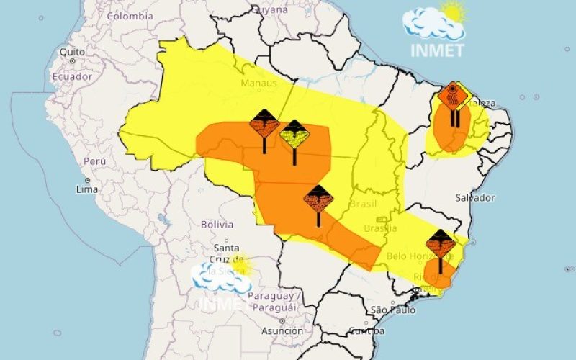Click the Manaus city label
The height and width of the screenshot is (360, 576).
click(x=259, y=83)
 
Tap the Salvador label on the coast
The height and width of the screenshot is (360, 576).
click(x=474, y=197)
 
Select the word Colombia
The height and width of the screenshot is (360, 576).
click(x=130, y=16)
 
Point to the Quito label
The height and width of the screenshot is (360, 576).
click(x=72, y=52)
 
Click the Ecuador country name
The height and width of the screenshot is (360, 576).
click(x=71, y=76)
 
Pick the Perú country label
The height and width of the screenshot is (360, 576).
click(x=95, y=161)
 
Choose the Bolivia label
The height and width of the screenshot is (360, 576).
click(x=217, y=224)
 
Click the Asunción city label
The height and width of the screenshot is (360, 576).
click(x=282, y=331)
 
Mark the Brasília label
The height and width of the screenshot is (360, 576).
click(x=380, y=228)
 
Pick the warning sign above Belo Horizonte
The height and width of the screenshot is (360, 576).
click(x=440, y=244)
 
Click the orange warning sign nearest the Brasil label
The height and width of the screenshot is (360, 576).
click(x=318, y=199)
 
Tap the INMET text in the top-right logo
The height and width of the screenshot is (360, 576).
click(x=436, y=50)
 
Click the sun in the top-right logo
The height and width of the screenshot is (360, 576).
click(x=454, y=12)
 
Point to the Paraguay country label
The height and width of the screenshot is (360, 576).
click(x=271, y=296)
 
